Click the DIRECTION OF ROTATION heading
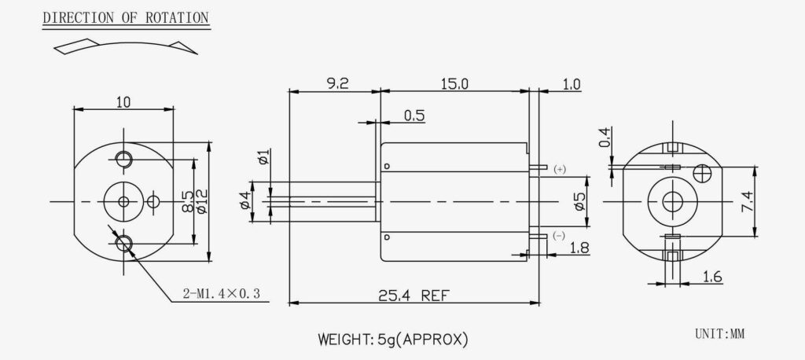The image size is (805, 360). point(125,17)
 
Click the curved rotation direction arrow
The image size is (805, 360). point(126,46)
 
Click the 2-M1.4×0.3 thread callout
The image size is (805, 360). point(221,295)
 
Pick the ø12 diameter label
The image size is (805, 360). point(200,203)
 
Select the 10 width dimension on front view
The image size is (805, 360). point(123,101)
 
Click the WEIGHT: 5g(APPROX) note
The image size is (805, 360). point(393,340)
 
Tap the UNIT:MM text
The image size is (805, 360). point(719,334)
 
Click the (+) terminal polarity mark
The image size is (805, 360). point(559,169)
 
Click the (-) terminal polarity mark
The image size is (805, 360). point(559,236)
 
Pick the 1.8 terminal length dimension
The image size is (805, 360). point(579,248)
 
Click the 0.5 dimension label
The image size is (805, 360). point(414,116)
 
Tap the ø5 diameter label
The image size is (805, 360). point(580,202)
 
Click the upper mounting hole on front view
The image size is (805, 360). point(123,160)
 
